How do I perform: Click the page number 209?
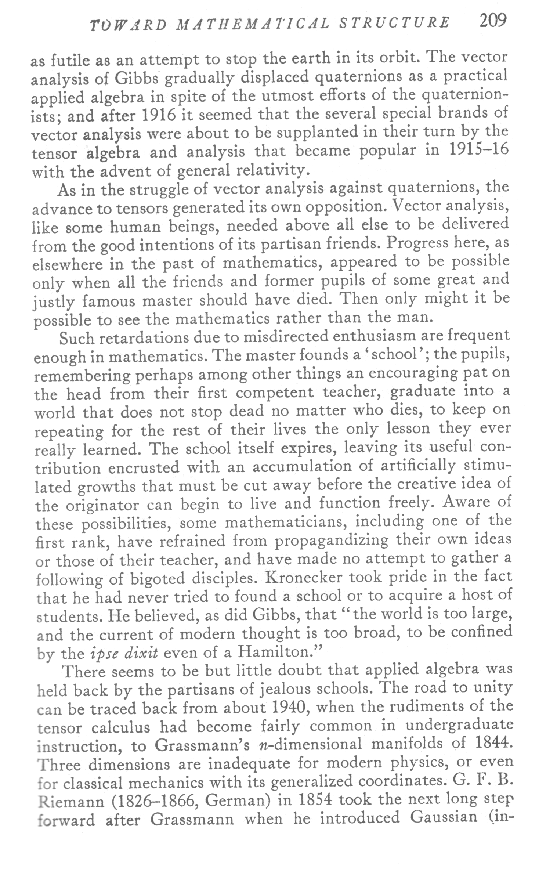click(x=493, y=21)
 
